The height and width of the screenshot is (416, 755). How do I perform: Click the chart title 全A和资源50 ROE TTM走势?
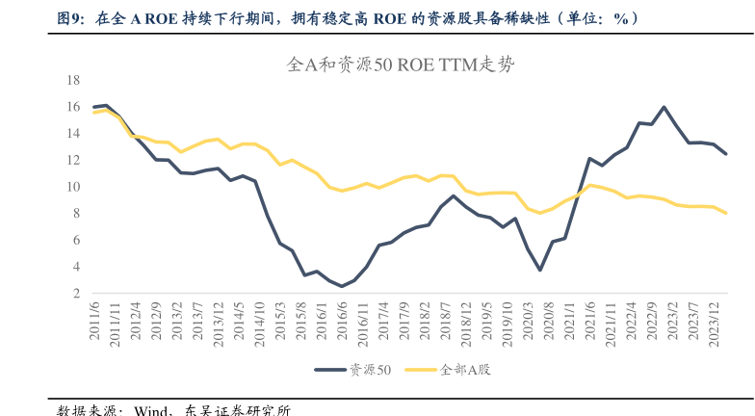[x=401, y=65]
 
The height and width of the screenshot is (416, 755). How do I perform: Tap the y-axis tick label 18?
[x=72, y=80]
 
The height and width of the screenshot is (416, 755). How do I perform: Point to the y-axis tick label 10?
[x=72, y=187]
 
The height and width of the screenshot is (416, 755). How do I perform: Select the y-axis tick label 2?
[x=75, y=294]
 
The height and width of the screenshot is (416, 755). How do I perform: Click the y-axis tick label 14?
[x=72, y=134]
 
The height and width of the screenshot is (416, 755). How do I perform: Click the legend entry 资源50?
[x=352, y=369]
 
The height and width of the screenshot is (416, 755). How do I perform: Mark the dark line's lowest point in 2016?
[x=341, y=286]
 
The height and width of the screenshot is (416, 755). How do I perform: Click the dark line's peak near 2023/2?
[x=664, y=107]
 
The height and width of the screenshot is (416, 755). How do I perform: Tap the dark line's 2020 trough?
[x=540, y=270]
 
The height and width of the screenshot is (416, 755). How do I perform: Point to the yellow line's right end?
[x=726, y=214]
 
